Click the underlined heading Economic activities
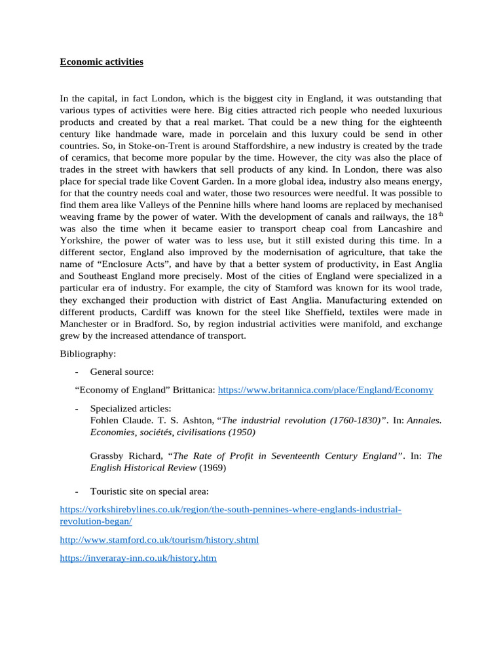[102, 62]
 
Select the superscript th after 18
[438, 214]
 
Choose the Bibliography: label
[88, 353]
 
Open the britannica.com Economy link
[325, 390]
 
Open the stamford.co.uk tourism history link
[159, 540]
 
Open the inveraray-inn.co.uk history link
[138, 559]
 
